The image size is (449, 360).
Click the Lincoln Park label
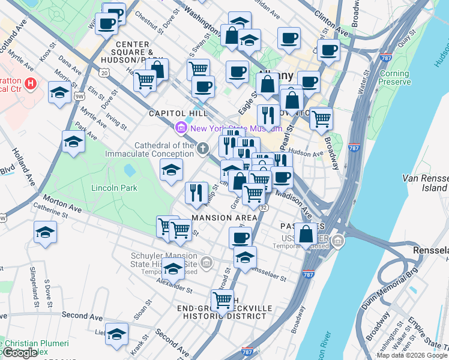click(x=114, y=188)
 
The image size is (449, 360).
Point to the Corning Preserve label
click(x=394, y=78)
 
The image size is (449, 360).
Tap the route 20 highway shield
click(x=105, y=73)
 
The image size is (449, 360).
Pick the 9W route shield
click(x=79, y=95)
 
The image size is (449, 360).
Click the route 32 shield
click(x=264, y=207)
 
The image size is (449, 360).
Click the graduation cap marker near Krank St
click(x=117, y=334)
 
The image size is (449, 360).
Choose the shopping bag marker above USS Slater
click(x=306, y=233)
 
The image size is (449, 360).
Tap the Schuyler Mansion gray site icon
click(x=206, y=262)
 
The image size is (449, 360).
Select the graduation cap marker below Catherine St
click(x=46, y=232)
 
